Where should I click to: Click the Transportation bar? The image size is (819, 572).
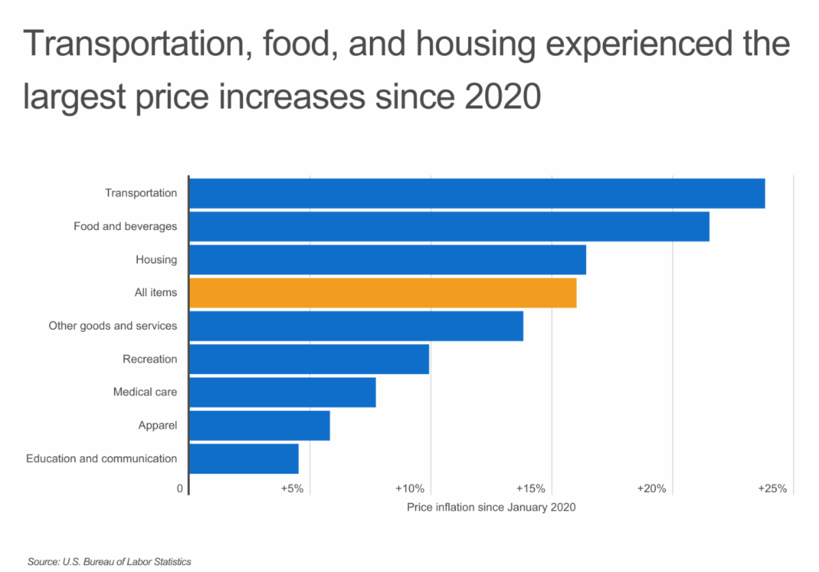pos(476,193)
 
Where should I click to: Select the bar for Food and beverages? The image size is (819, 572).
pos(448,227)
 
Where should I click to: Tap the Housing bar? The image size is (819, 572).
pos(387,259)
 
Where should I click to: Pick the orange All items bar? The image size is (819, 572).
pos(382,293)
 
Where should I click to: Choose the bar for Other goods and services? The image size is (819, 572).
pos(356,326)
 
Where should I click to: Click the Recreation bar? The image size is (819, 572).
pos(308,359)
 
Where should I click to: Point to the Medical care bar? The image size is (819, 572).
pos(282,392)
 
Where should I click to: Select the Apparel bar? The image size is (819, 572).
pos(259,426)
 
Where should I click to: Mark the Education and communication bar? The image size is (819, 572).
pos(244,459)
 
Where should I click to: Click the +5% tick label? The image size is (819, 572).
pos(291,489)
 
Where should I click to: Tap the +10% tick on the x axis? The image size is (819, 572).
pos(410,489)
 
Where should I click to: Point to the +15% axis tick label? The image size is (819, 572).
pos(530,489)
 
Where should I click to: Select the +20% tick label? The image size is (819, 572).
pos(651,489)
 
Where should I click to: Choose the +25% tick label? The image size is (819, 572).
pos(772,489)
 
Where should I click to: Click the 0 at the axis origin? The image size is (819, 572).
pos(180,489)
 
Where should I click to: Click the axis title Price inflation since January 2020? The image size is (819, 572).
pos(491,508)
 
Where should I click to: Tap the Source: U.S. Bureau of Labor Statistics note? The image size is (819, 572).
pos(109,562)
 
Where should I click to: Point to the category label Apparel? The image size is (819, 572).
pos(158,426)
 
